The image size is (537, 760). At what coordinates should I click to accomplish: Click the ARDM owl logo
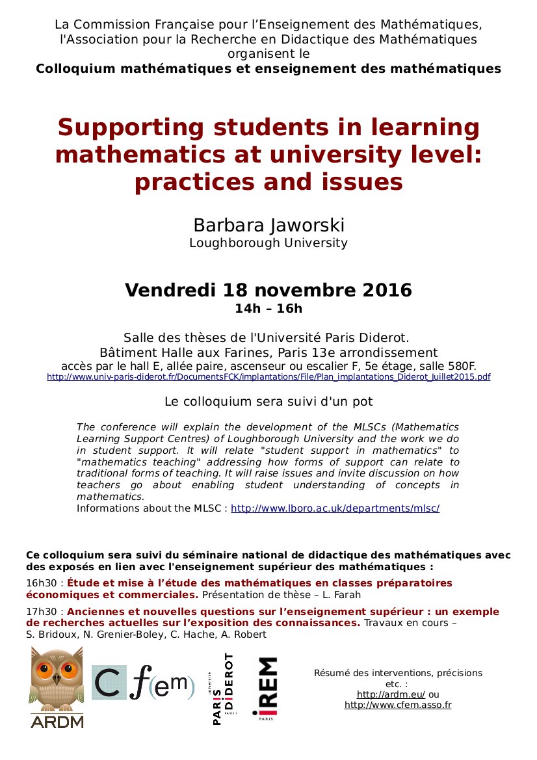click(57, 687)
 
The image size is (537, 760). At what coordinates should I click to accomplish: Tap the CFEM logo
click(143, 687)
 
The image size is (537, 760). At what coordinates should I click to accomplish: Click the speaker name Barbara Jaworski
click(268, 225)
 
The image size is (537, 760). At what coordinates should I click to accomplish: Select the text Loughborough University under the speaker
click(268, 243)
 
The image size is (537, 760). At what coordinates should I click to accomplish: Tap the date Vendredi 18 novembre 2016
click(268, 289)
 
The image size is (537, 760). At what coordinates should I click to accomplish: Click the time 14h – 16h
click(268, 308)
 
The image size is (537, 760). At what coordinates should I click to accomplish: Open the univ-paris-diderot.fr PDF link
click(268, 376)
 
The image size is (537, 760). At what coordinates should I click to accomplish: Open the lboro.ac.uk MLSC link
click(335, 508)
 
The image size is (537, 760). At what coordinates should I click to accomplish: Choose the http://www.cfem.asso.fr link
click(398, 705)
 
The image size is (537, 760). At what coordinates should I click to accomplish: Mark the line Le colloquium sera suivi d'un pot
click(268, 402)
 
